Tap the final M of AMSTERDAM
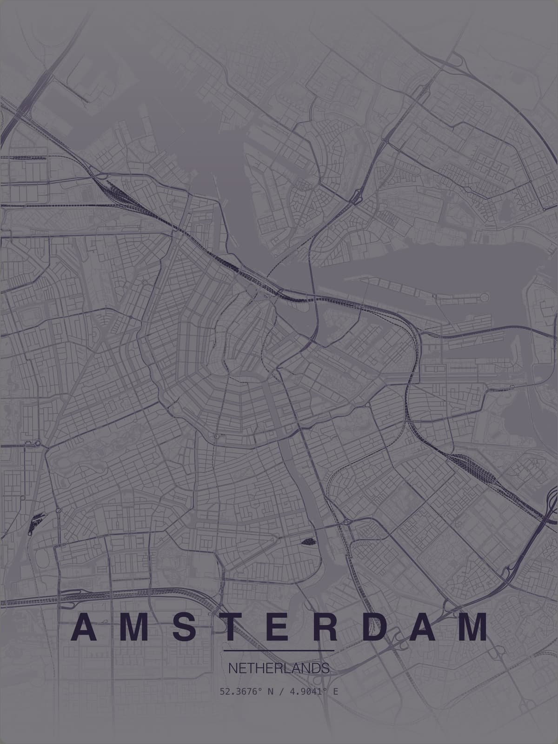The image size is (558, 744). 473,627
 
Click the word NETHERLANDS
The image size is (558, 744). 279,669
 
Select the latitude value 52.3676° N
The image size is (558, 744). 245,691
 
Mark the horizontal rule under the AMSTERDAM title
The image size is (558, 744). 279,650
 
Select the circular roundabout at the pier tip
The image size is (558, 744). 485,297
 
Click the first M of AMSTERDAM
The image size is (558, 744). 132,627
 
